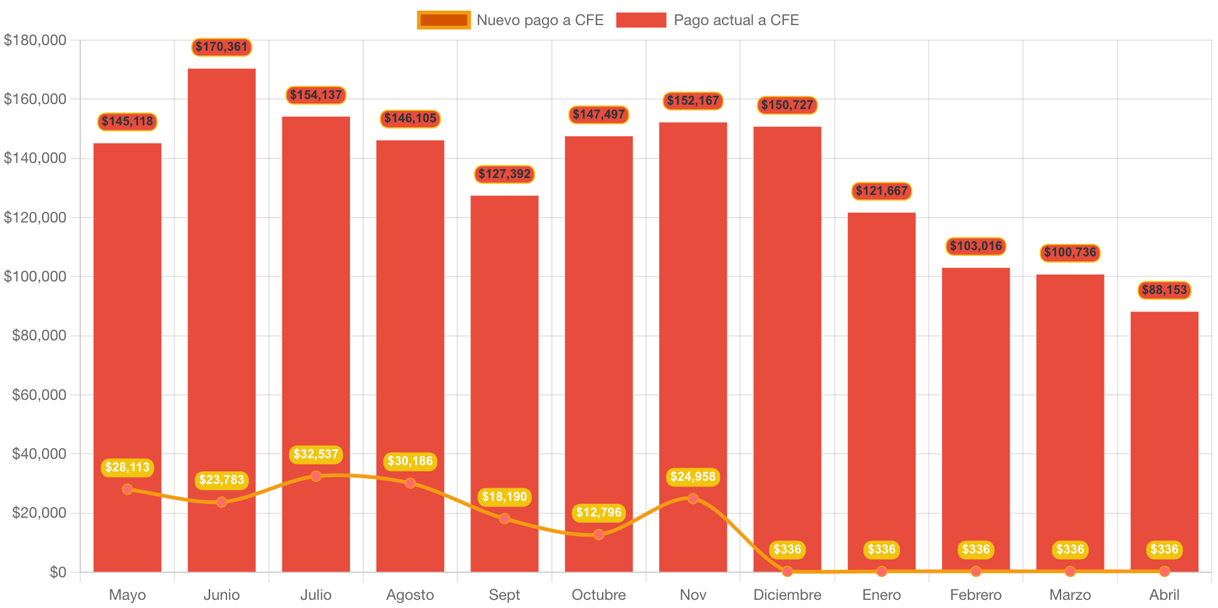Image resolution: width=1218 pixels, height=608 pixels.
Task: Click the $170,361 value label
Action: pyautogui.click(x=221, y=47)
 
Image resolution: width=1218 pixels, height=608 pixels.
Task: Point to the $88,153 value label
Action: pyautogui.click(x=1164, y=290)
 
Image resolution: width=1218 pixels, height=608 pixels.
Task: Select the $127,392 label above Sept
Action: pyautogui.click(x=504, y=174)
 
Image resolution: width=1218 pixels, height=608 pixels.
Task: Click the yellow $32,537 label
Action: pyautogui.click(x=316, y=454)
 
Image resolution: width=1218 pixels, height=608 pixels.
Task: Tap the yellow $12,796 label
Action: pyautogui.click(x=599, y=513)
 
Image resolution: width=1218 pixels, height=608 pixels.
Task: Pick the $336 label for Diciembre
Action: pyautogui.click(x=787, y=550)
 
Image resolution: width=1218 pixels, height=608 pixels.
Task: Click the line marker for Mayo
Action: pyautogui.click(x=127, y=489)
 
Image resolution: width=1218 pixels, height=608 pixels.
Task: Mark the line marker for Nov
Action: pyautogui.click(x=693, y=498)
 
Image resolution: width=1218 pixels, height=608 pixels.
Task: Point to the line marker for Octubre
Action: pyautogui.click(x=599, y=534)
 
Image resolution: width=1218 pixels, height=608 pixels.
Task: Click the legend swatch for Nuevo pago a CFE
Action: pyautogui.click(x=443, y=20)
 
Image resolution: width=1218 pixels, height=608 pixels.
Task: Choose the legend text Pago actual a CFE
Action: pyautogui.click(x=736, y=20)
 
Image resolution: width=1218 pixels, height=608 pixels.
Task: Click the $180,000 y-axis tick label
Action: pyautogui.click(x=35, y=40)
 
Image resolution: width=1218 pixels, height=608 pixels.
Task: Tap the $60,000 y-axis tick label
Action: pyautogui.click(x=39, y=395)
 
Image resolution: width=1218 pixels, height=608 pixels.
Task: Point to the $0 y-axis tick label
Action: pyautogui.click(x=58, y=572)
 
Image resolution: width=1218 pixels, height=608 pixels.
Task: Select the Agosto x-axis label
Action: pyautogui.click(x=410, y=595)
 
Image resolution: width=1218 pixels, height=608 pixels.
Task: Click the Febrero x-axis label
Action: pyautogui.click(x=975, y=595)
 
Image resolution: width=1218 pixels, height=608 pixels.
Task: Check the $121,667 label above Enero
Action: pyautogui.click(x=881, y=191)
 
